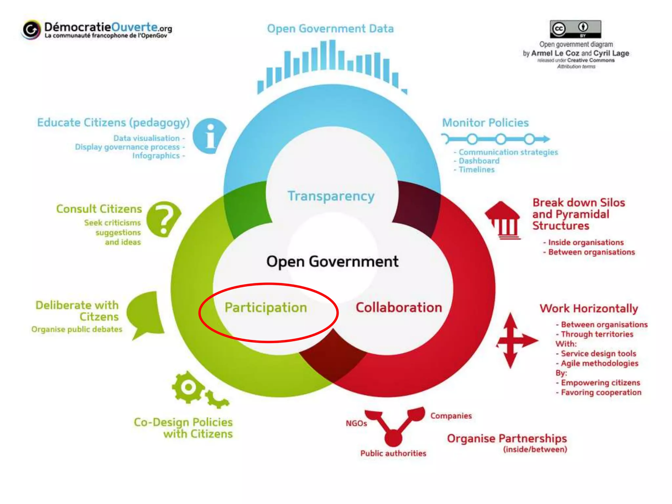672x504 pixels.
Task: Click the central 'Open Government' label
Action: coord(332,262)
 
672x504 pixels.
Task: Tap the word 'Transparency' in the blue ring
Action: coord(331,196)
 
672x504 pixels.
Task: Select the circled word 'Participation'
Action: coord(266,308)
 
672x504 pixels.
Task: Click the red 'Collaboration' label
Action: coord(399,308)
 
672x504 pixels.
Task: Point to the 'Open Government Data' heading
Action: coord(330,29)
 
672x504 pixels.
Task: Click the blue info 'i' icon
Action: coord(209,136)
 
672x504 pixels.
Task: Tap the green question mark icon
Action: coord(163,219)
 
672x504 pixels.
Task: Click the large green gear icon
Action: coord(188,387)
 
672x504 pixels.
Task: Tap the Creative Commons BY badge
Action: coord(576,29)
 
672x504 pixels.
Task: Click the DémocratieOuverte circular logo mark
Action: coord(31,30)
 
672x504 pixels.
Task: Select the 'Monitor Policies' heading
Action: coord(485,123)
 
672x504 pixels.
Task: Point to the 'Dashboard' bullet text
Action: coord(479,161)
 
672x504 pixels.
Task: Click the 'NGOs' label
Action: coord(356,423)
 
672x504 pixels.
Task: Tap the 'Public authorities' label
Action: coord(393,453)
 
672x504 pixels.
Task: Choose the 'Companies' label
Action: coord(451,416)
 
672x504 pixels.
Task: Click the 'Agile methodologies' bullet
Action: coord(599,363)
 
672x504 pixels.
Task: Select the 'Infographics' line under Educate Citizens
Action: coord(156,156)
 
